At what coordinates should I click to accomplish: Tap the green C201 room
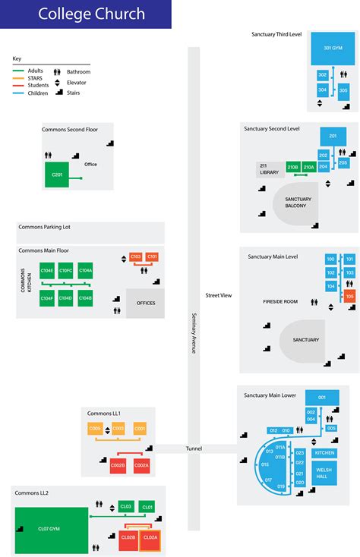coord(56,175)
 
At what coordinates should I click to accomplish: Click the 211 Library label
coord(270,169)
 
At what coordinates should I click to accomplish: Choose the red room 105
coord(350,295)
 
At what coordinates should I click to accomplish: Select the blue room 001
coord(322,398)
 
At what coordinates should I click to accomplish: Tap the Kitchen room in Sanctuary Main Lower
coord(324,453)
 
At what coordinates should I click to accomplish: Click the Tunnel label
coord(194,448)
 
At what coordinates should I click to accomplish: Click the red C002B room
coord(118,465)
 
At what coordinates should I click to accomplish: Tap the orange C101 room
coord(153,257)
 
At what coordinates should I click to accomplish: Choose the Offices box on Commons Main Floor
coord(145,303)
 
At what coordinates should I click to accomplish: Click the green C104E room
coord(46,271)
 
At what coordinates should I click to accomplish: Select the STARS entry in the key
coord(33,77)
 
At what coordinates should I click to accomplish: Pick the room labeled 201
coord(332,137)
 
